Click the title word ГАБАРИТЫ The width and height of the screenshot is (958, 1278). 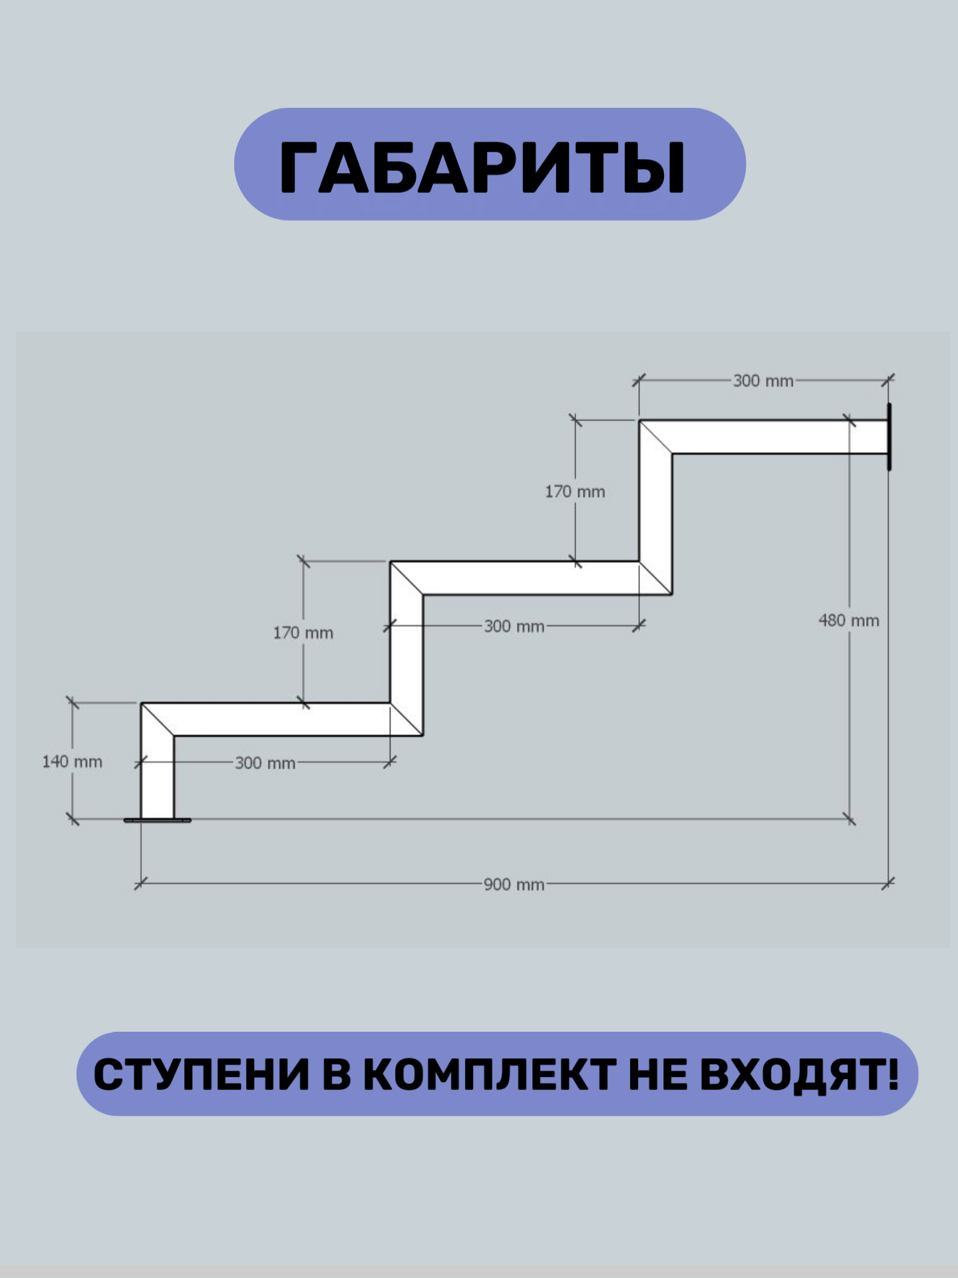tap(482, 166)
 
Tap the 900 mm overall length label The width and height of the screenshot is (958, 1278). tap(514, 885)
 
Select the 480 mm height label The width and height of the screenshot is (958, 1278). tap(848, 620)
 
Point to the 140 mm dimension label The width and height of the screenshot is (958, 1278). tap(72, 761)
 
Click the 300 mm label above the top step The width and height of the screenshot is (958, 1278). tap(763, 381)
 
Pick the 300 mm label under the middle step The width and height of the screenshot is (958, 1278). tap(514, 626)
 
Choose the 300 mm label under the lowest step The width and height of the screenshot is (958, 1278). tap(265, 763)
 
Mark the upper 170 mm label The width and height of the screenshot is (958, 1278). tap(575, 492)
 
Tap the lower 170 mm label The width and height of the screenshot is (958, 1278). tap(303, 632)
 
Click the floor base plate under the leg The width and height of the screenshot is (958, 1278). tap(157, 821)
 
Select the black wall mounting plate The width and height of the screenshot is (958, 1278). tap(889, 437)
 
